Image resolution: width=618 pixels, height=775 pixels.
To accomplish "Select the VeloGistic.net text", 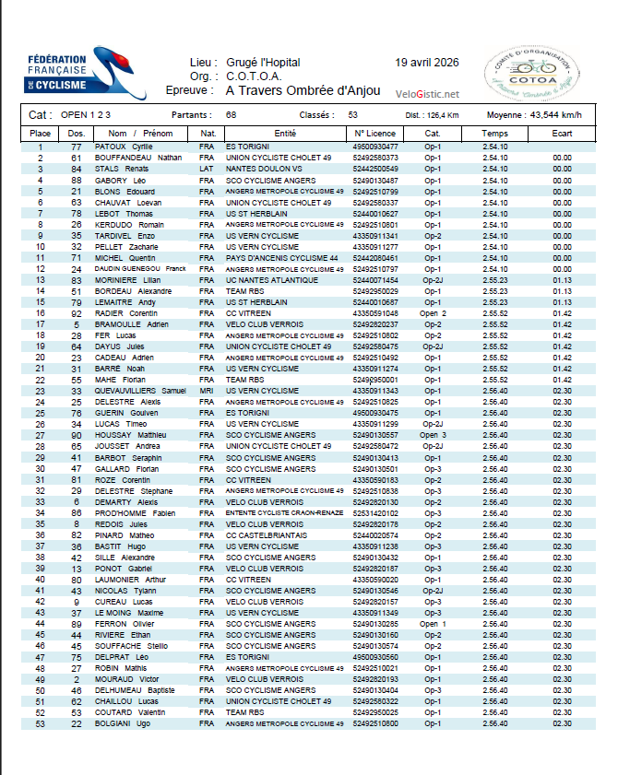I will click(427, 93).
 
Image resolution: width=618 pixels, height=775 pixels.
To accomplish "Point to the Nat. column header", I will click(207, 134).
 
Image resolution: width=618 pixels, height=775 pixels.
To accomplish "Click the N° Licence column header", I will click(375, 134).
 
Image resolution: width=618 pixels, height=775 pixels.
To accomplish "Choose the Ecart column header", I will click(562, 134).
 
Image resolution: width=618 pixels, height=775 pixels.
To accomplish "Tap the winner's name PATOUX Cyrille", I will click(124, 147).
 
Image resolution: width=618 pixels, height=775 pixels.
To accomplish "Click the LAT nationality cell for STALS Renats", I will click(207, 169).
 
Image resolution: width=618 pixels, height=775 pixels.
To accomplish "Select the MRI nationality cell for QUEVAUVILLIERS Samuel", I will click(207, 391).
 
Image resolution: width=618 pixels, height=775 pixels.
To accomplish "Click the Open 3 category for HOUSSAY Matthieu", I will click(433, 435).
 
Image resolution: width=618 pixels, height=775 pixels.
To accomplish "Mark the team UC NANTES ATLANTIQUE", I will click(267, 279).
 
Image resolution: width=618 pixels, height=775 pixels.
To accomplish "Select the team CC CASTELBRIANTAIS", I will click(264, 534).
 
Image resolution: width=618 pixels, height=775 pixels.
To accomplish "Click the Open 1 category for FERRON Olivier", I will click(433, 624).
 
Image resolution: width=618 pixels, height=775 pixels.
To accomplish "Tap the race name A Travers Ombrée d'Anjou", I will click(302, 90).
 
